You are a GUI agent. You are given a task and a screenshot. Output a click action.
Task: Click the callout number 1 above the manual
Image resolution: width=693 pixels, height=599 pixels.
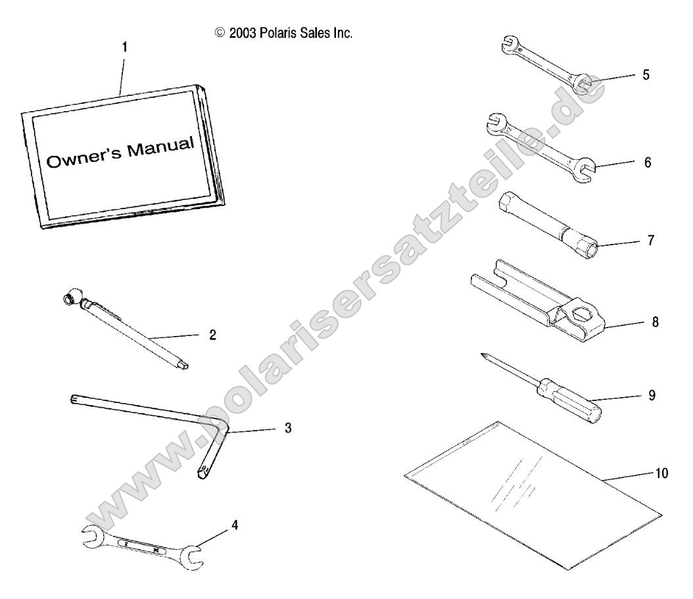tap(125, 47)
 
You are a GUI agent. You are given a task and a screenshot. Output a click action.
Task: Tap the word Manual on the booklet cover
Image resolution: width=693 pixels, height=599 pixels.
tap(160, 147)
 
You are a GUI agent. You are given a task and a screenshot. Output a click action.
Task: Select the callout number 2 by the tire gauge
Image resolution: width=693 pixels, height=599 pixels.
tap(212, 335)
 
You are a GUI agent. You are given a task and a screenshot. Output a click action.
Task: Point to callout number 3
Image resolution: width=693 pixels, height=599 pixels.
tap(288, 428)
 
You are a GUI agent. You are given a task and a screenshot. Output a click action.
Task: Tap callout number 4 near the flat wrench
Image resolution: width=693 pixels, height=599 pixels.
tap(235, 525)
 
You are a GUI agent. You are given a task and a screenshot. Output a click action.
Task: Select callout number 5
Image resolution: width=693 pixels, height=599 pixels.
tap(646, 75)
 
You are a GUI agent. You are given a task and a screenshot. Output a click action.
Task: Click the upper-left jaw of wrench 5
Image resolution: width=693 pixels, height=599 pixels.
tap(510, 44)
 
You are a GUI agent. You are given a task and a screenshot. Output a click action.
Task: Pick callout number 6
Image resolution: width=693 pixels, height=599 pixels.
tap(648, 162)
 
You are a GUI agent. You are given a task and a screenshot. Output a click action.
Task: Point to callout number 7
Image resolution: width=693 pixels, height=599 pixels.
tap(650, 241)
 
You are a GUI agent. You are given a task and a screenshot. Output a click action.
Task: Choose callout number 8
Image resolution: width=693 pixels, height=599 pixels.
tap(655, 322)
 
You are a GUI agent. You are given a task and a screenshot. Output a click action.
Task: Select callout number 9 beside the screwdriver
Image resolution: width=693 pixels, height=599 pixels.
tap(652, 395)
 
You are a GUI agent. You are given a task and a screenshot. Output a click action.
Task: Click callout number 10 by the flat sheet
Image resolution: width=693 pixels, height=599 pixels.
tap(661, 473)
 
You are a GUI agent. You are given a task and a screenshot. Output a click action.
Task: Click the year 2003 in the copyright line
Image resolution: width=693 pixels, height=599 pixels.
tap(243, 33)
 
